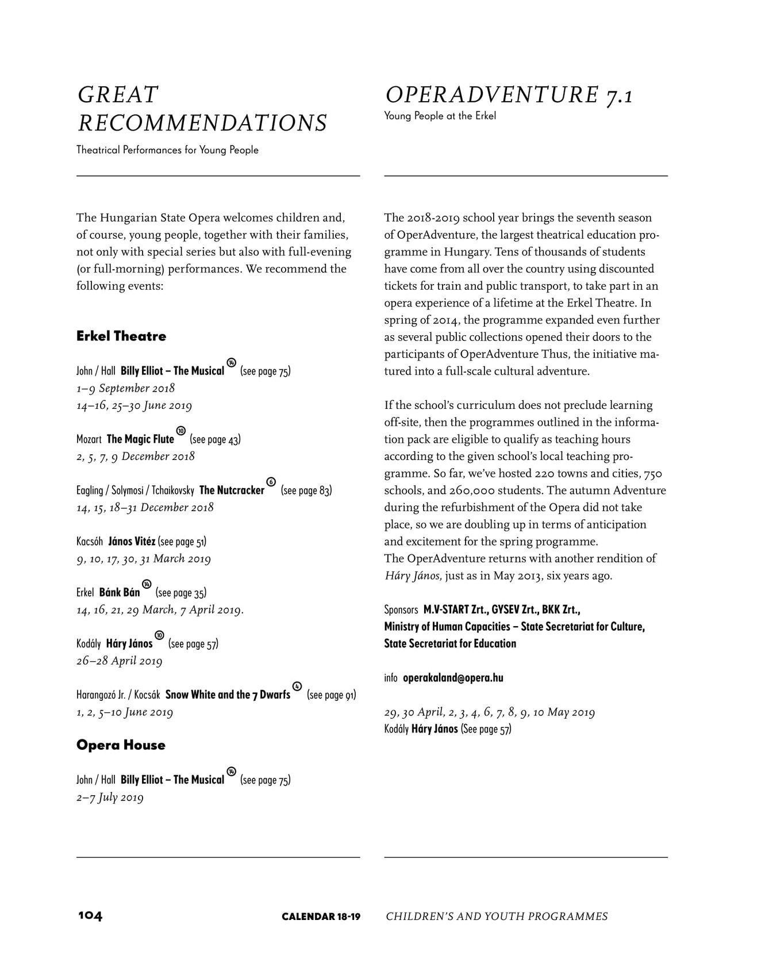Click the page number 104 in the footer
pyautogui.click(x=90, y=915)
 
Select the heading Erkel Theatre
pyautogui.click(x=121, y=336)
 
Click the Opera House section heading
pyautogui.click(x=121, y=745)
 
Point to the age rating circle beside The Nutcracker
pyautogui.click(x=272, y=482)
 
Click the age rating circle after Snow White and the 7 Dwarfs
pyautogui.click(x=297, y=686)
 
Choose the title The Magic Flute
pyautogui.click(x=140, y=439)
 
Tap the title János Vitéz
pyautogui.click(x=132, y=542)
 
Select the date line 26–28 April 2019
pyautogui.click(x=120, y=661)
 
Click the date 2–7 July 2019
pyautogui.click(x=110, y=798)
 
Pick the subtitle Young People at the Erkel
pyautogui.click(x=440, y=116)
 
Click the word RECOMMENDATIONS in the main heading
pyautogui.click(x=202, y=123)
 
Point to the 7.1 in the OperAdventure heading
pyautogui.click(x=618, y=95)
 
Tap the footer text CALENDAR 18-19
pyautogui.click(x=321, y=917)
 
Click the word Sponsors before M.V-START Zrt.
pyautogui.click(x=401, y=610)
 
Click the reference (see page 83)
pyautogui.click(x=306, y=490)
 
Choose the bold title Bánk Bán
pyautogui.click(x=120, y=593)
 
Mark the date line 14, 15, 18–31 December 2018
pyautogui.click(x=145, y=508)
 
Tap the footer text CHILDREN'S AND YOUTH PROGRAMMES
pyautogui.click(x=497, y=917)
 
